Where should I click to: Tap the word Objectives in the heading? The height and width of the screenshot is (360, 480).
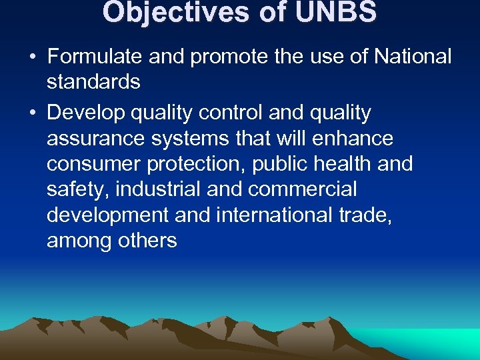(179, 12)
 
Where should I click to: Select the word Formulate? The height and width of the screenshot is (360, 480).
(95, 57)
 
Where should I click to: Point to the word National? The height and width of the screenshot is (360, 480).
(413, 57)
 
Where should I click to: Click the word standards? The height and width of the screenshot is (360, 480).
(93, 83)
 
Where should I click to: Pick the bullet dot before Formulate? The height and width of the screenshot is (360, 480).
(32, 57)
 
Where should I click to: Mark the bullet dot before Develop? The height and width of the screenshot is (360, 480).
(32, 113)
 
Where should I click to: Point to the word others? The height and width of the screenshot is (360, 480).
(147, 240)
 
